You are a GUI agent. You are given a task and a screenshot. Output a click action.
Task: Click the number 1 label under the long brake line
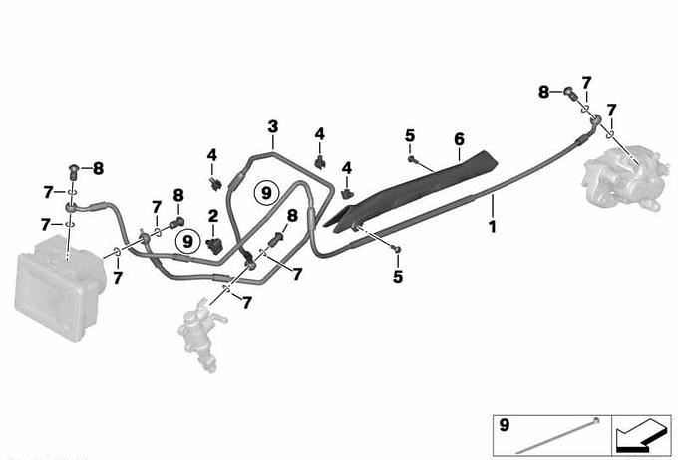click(x=493, y=227)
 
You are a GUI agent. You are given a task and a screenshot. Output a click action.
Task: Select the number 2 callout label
click(x=213, y=216)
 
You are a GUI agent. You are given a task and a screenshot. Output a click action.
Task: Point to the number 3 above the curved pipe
click(x=273, y=127)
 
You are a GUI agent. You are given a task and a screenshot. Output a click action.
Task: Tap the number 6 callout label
click(x=460, y=139)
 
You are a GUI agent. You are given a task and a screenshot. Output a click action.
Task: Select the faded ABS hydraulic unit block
click(x=61, y=287)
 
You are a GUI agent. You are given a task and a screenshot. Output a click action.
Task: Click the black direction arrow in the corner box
click(x=641, y=435)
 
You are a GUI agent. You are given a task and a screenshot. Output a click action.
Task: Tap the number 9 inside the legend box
click(x=505, y=425)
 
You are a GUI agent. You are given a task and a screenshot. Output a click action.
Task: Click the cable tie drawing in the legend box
click(x=557, y=435)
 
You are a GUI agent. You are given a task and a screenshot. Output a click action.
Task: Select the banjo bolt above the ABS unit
click(x=74, y=173)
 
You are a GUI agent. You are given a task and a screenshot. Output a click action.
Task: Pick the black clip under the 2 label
click(x=214, y=245)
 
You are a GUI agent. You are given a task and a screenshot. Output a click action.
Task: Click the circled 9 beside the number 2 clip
click(x=187, y=241)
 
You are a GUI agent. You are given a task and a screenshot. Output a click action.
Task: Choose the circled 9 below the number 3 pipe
click(x=266, y=193)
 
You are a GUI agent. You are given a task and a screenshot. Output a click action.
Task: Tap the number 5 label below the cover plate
click(x=398, y=277)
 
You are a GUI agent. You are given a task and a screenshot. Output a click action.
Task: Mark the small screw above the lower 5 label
click(x=398, y=249)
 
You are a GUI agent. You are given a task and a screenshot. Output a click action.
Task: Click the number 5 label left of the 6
click(x=410, y=136)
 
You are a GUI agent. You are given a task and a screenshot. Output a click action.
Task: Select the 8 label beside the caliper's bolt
click(x=544, y=92)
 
